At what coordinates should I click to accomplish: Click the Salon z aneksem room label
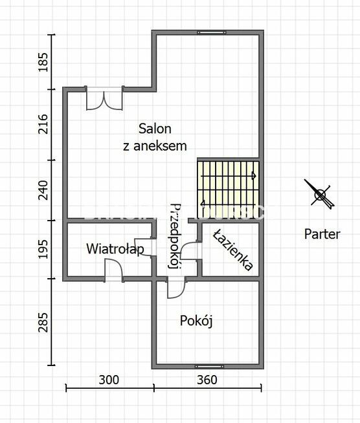pyautogui.click(x=155, y=137)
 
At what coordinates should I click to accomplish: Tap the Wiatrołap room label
pyautogui.click(x=115, y=248)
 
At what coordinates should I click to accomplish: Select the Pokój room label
pyautogui.click(x=197, y=321)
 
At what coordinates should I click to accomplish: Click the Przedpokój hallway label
pyautogui.click(x=174, y=235)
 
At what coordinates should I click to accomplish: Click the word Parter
pyautogui.click(x=322, y=234)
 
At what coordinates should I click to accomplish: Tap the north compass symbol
pyautogui.click(x=320, y=193)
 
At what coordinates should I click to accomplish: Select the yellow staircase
pyautogui.click(x=228, y=183)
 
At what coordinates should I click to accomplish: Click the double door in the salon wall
pyautogui.click(x=104, y=98)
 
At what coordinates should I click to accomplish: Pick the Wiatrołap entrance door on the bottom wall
pyautogui.click(x=113, y=270)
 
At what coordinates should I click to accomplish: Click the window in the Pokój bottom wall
pyautogui.click(x=208, y=367)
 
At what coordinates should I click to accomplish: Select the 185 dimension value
pyautogui.click(x=43, y=63)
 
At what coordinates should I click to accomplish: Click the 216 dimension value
pyautogui.click(x=43, y=123)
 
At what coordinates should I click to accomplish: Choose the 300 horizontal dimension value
pyautogui.click(x=109, y=380)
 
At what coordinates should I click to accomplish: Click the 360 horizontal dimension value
pyautogui.click(x=207, y=380)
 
